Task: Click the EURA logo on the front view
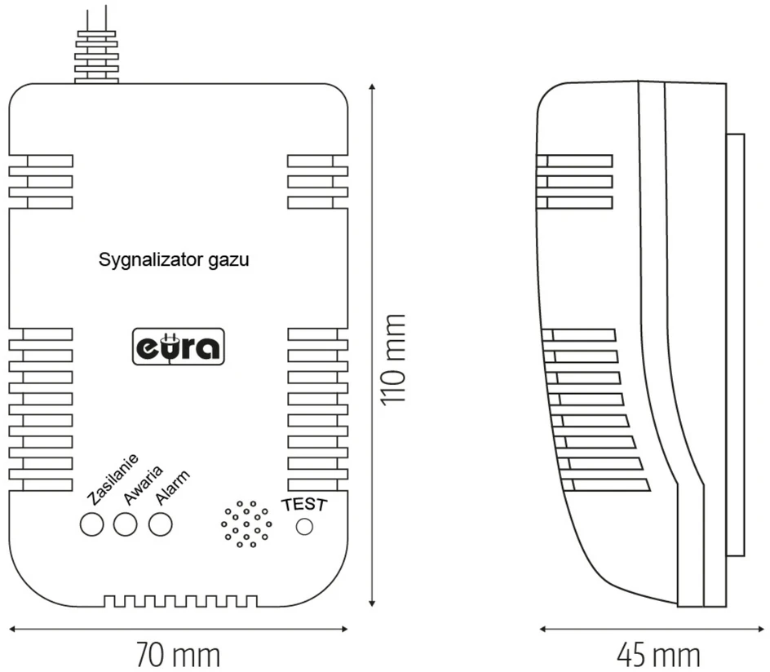[x=179, y=347]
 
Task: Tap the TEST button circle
[x=304, y=527]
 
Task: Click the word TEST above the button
[x=304, y=504]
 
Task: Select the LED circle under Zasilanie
[x=92, y=524]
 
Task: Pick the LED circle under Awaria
[x=126, y=524]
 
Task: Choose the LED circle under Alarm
[x=161, y=524]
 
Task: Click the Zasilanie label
[x=113, y=479]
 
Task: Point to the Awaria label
[x=143, y=485]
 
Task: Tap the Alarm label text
[x=172, y=488]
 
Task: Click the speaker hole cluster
[x=246, y=524]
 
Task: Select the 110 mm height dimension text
[x=394, y=360]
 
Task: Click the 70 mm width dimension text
[x=178, y=655]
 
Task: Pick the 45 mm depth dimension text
[x=658, y=655]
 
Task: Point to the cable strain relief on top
[x=96, y=56]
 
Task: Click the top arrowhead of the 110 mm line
[x=372, y=87]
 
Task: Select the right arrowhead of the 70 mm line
[x=344, y=629]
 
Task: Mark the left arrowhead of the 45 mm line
[x=543, y=629]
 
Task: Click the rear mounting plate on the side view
[x=736, y=345]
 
